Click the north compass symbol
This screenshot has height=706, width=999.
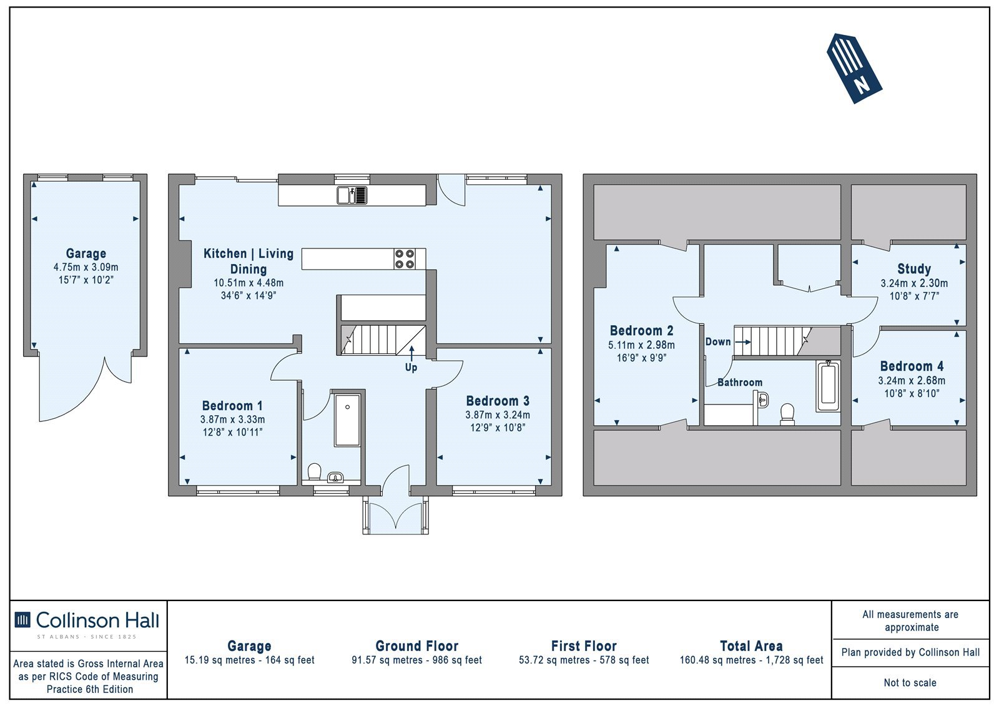pyautogui.click(x=854, y=68)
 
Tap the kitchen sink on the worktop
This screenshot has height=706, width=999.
pyautogui.click(x=352, y=195)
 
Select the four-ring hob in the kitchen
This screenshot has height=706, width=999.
pyautogui.click(x=405, y=259)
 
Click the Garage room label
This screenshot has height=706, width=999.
pyautogui.click(x=86, y=254)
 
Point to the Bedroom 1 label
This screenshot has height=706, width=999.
pyautogui.click(x=232, y=406)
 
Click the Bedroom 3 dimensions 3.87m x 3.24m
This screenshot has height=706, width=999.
pyautogui.click(x=498, y=414)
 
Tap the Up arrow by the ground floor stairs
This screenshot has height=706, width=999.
pyautogui.click(x=411, y=353)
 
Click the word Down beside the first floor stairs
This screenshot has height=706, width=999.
pyautogui.click(x=718, y=342)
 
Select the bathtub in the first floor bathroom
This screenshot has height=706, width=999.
pyautogui.click(x=828, y=386)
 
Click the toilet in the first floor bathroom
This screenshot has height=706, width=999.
pyautogui.click(x=787, y=414)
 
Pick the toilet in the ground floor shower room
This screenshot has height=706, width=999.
pyautogui.click(x=315, y=471)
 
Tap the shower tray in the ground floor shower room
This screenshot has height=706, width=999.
pyautogui.click(x=347, y=420)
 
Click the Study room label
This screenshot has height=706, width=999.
pyautogui.click(x=914, y=269)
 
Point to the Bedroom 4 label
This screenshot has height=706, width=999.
pyautogui.click(x=912, y=366)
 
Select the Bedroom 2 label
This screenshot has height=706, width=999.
pyautogui.click(x=641, y=331)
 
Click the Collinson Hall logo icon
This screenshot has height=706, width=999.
pyautogui.click(x=22, y=620)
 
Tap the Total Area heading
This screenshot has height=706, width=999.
pyautogui.click(x=752, y=646)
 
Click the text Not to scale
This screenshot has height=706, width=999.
pyautogui.click(x=910, y=683)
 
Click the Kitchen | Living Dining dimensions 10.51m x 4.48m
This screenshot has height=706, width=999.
pyautogui.click(x=249, y=283)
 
